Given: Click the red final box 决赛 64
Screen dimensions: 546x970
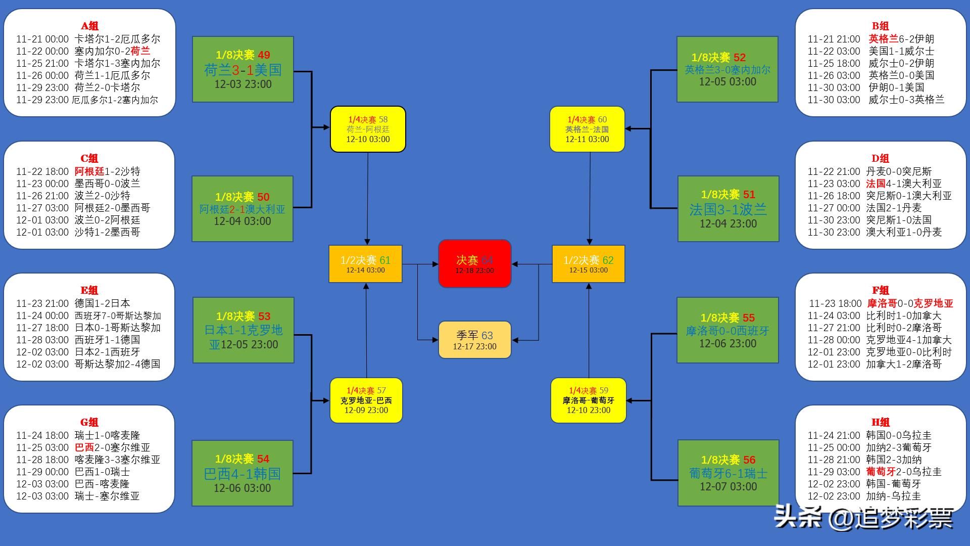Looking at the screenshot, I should pos(474,263).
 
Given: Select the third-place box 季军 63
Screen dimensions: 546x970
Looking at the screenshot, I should pos(474,340).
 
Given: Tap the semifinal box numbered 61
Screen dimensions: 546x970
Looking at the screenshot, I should pos(365,264).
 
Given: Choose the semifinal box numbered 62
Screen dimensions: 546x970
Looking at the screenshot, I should pos(588,264).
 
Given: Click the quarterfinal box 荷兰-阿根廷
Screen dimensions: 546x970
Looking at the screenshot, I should pos(368,129).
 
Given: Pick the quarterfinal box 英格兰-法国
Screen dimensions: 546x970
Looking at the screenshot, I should pos(587,129).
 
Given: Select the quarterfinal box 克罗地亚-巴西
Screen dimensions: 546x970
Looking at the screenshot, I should pos(366,400).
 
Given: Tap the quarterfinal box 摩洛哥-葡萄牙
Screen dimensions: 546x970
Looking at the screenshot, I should pos(588,400).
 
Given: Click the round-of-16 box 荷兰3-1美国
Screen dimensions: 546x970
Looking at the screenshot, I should pos(243,69).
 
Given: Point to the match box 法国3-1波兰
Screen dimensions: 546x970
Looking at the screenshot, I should pos(728,209).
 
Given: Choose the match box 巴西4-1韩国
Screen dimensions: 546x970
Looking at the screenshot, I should pos(243,473).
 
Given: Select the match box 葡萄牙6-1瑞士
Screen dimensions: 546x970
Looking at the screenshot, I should pos(728,473).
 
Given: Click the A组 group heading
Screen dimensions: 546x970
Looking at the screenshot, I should pos(89,26).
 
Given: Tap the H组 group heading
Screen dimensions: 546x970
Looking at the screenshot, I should pos(880,422).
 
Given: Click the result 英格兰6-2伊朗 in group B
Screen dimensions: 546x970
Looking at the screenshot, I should pos(901,39).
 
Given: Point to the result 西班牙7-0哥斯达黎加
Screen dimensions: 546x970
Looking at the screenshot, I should pos(118,316).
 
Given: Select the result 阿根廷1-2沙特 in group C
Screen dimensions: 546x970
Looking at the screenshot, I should pos(107,171).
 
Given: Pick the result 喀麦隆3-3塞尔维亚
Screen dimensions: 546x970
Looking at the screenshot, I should pos(117,460).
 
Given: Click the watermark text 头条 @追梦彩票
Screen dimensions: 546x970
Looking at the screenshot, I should pos(864,517).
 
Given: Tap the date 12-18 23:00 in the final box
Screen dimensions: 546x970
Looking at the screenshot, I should pos(474,271).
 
